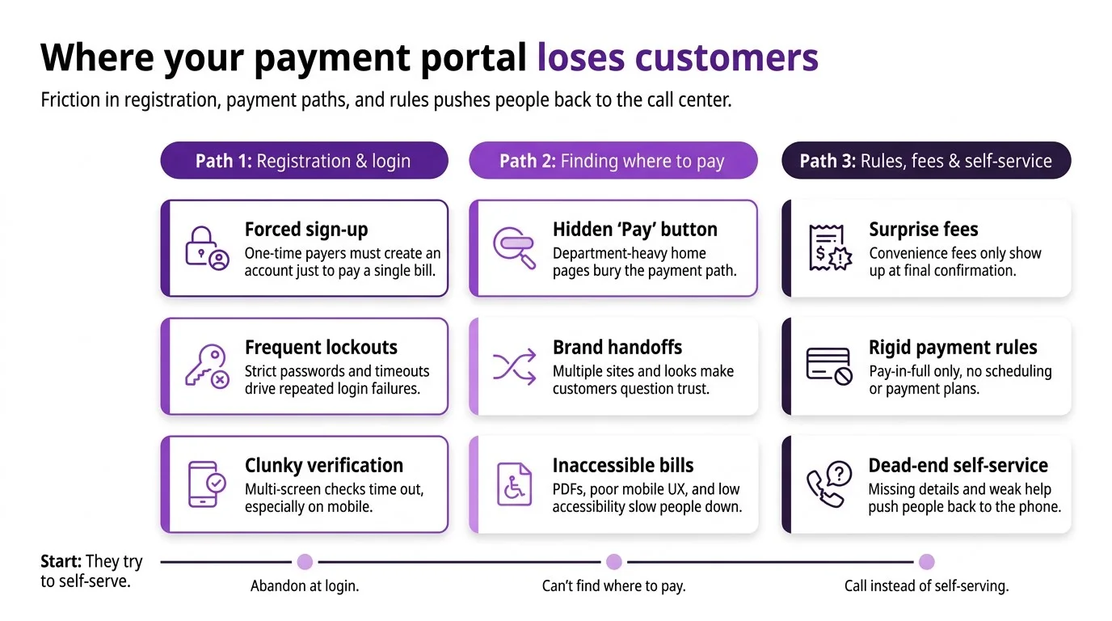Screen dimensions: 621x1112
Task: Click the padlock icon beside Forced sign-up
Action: point(207,247)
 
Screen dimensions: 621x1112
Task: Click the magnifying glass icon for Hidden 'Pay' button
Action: point(516,247)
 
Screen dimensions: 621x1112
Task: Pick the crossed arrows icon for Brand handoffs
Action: point(515,366)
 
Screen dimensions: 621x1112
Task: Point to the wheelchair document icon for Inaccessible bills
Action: point(514,484)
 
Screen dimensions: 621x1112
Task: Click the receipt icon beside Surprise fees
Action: point(829,247)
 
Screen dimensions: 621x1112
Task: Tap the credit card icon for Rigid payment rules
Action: point(829,366)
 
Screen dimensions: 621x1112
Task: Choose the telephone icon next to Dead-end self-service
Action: point(829,484)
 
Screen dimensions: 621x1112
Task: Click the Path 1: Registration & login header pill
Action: point(304,160)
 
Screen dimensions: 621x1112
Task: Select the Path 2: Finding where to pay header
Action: point(613,160)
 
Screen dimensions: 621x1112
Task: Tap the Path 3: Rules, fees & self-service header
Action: point(925,160)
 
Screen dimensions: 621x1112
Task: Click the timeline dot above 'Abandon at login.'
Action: point(305,561)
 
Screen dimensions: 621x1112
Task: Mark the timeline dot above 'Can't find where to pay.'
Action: point(614,561)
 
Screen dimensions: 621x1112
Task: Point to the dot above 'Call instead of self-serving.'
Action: point(926,561)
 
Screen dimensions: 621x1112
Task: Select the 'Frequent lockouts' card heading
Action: point(321,348)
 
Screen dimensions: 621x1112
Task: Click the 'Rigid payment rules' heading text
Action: point(953,348)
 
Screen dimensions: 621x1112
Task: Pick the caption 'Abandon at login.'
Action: point(305,586)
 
